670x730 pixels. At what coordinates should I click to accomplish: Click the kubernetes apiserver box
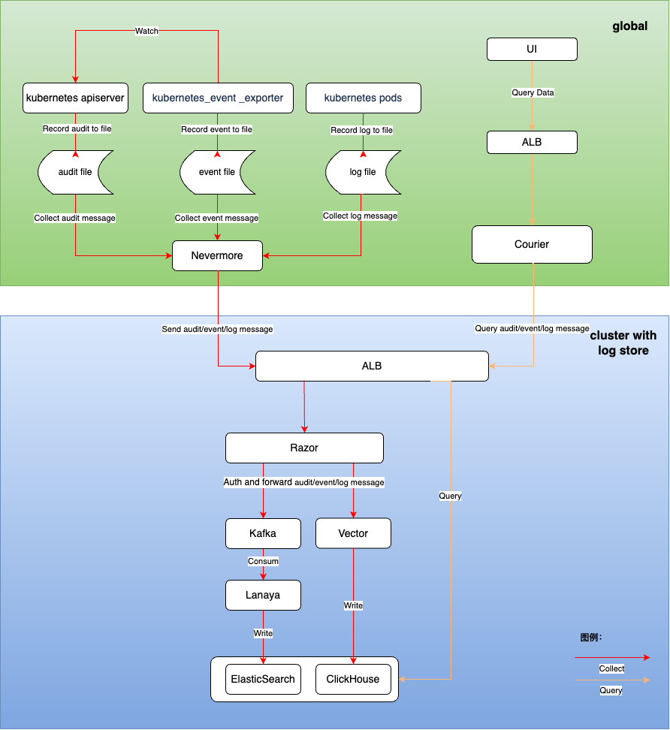(x=75, y=98)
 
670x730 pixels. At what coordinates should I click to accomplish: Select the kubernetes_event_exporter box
(x=218, y=98)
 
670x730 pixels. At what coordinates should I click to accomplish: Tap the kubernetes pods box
(x=363, y=98)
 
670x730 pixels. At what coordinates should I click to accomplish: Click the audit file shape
(x=75, y=172)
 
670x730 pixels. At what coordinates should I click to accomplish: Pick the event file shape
(x=217, y=172)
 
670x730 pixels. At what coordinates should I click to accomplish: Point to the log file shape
(x=363, y=172)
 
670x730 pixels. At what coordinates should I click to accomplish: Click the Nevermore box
(x=217, y=255)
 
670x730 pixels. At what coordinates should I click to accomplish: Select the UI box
(x=532, y=50)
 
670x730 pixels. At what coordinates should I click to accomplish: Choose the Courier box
(x=532, y=244)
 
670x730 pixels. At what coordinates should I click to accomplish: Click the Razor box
(x=304, y=448)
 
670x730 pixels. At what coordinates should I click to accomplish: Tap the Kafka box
(x=263, y=533)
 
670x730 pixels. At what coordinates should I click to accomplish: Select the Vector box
(x=353, y=533)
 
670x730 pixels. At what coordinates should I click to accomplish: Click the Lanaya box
(x=263, y=595)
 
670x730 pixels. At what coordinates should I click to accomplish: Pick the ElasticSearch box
(x=263, y=679)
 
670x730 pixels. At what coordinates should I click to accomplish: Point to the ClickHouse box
(x=353, y=679)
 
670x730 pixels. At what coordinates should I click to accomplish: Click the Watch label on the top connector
(x=146, y=31)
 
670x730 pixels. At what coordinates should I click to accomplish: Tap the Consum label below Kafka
(x=263, y=561)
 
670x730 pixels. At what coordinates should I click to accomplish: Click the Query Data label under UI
(x=533, y=92)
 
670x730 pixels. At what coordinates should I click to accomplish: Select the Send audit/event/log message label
(x=217, y=329)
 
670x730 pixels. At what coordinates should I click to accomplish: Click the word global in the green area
(x=629, y=26)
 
